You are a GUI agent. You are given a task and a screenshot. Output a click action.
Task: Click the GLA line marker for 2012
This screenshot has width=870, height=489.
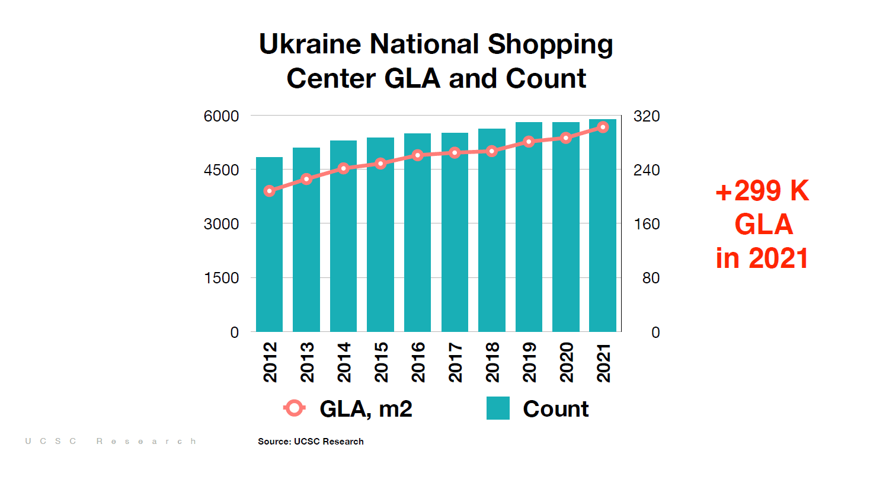[269, 191]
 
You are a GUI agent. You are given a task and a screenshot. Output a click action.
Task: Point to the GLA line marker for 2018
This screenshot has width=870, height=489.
[492, 151]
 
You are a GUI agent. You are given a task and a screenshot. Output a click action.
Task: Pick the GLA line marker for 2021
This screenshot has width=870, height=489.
[603, 127]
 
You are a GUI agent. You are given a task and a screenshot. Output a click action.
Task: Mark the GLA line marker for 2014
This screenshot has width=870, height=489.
[343, 168]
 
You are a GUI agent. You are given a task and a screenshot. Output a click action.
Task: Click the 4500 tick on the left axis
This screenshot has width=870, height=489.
[221, 170]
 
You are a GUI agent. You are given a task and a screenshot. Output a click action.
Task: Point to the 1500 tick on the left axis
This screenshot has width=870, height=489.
[221, 278]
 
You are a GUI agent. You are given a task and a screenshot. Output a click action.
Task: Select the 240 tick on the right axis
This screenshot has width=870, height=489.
[646, 170]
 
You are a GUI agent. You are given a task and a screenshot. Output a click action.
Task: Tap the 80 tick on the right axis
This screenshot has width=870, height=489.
[651, 278]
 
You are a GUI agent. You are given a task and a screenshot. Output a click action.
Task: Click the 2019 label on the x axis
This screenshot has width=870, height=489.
[529, 362]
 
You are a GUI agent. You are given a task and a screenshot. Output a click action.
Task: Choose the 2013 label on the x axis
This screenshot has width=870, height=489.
[307, 362]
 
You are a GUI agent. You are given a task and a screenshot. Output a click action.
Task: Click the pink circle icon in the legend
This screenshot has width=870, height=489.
[294, 408]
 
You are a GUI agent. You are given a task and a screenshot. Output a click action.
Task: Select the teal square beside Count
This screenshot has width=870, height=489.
[498, 408]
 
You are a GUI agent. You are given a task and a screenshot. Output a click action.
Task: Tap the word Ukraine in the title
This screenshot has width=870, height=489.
[310, 44]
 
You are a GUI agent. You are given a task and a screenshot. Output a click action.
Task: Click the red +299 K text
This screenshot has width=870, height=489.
[762, 191]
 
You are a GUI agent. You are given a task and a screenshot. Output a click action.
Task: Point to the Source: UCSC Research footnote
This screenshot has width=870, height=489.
[311, 442]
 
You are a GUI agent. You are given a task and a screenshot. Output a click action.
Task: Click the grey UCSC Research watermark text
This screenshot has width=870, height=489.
[110, 442]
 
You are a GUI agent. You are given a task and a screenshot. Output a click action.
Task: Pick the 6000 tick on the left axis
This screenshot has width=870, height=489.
[221, 116]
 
